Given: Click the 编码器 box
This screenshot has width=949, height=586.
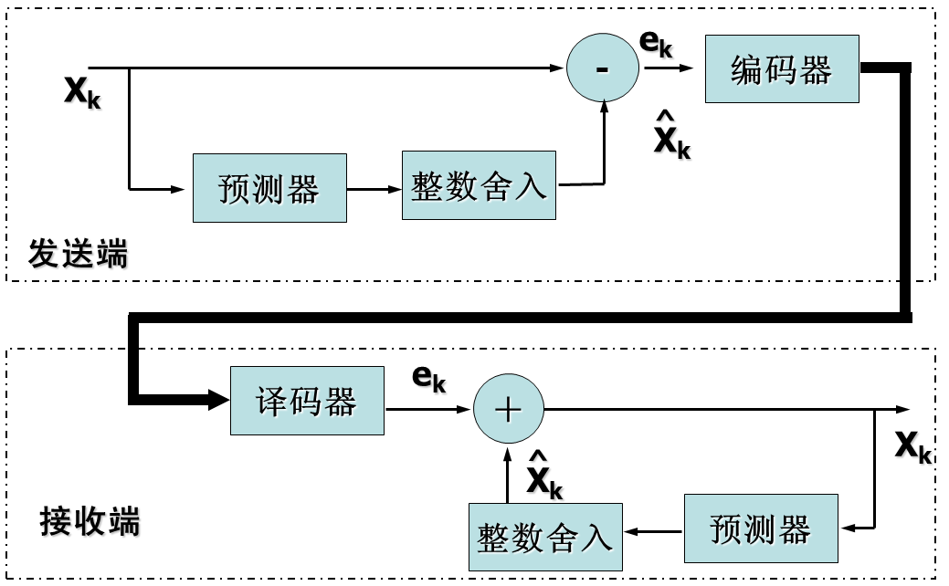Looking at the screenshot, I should tap(782, 69).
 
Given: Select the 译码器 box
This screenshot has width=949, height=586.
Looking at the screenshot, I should tap(307, 401).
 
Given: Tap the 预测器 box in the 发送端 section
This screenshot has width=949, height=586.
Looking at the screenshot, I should tap(269, 188).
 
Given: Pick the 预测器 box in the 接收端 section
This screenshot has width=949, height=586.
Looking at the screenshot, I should tap(761, 528).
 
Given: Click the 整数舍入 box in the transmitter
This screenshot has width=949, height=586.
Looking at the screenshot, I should tap(479, 187).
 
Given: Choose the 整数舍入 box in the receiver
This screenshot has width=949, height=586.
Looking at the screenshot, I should tap(545, 538).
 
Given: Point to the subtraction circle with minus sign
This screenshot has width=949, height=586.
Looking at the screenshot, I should tap(602, 68).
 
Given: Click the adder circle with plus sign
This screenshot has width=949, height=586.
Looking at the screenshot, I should tap(508, 409).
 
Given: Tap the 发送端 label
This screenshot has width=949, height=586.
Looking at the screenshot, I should tap(78, 254).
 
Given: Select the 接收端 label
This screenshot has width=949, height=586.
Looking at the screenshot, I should tap(90, 522).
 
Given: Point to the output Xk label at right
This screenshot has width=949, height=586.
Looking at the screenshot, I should tap(912, 446).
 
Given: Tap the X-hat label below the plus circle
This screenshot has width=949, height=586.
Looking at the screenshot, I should tap(544, 476).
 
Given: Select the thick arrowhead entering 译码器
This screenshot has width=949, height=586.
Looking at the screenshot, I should tap(217, 398).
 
